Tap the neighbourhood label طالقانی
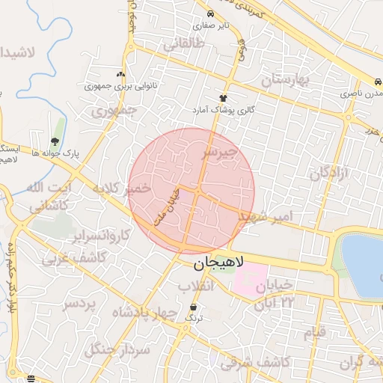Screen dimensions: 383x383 [x=183, y=44]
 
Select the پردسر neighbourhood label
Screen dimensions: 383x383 [x=79, y=304]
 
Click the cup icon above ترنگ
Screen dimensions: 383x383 [x=194, y=307]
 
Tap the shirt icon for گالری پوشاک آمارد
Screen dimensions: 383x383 [x=223, y=98]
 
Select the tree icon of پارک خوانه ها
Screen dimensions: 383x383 [x=55, y=141]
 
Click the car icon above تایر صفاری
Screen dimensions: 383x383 [x=210, y=14]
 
